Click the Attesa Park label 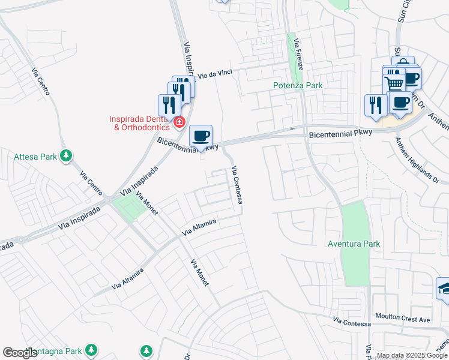tap(35, 157)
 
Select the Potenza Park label tap(298, 85)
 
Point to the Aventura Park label tap(354, 244)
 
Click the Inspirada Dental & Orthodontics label tap(137, 123)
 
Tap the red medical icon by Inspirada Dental tap(179, 122)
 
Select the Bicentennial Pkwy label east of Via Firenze tap(340, 134)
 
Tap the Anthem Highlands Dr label tap(417, 160)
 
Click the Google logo tap(20, 353)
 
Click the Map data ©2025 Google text tap(412, 356)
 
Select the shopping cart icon tap(394, 82)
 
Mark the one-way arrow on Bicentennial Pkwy tap(294, 128)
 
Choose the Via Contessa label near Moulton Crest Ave tap(346, 322)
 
